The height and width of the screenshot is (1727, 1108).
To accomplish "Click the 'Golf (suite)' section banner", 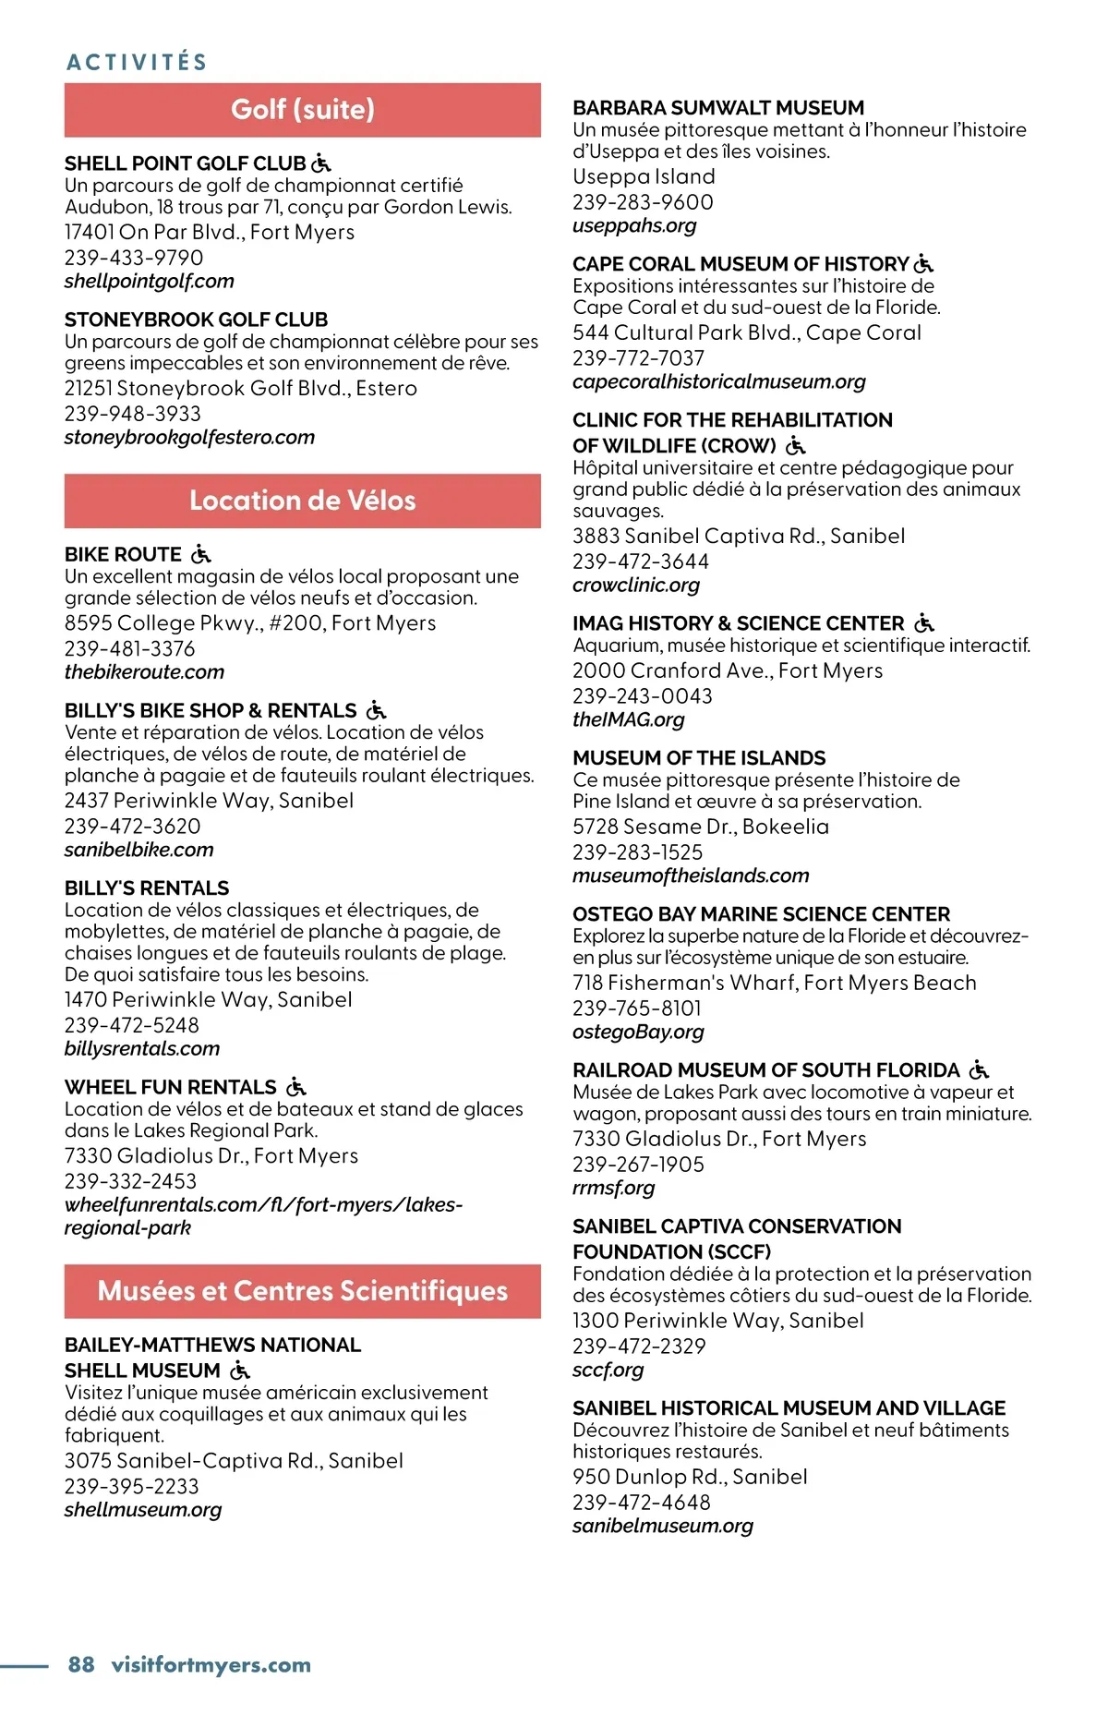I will (x=302, y=110).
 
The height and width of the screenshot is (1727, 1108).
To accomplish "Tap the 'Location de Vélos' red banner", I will (x=302, y=501).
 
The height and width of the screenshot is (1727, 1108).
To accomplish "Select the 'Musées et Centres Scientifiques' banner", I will (x=302, y=1291).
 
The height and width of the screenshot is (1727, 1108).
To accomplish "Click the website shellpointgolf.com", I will (x=149, y=282).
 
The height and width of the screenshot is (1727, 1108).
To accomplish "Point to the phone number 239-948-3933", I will (x=132, y=414).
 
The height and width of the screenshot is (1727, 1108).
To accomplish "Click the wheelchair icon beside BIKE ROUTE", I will (x=200, y=554).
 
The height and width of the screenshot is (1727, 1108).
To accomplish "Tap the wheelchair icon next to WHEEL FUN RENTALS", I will (x=295, y=1087).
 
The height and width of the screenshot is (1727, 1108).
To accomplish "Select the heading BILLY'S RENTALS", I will (x=147, y=888).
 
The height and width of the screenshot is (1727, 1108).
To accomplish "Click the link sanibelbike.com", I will (x=138, y=850).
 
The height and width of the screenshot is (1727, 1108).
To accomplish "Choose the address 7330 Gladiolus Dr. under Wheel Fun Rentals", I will (x=211, y=1156).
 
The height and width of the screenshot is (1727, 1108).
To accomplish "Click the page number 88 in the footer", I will (x=81, y=1664).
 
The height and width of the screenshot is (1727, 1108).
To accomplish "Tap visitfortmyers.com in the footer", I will (x=211, y=1664).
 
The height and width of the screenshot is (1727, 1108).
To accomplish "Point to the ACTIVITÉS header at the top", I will (x=137, y=62).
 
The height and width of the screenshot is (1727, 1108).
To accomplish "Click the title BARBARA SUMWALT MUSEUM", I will (x=717, y=108).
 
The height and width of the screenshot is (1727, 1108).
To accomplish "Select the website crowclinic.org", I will (x=635, y=586).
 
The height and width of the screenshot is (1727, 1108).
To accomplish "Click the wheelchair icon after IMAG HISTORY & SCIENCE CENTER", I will (x=924, y=623).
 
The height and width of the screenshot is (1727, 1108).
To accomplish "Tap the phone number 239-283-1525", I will (x=637, y=852).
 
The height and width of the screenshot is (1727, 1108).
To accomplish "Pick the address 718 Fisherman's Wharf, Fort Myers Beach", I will (x=774, y=984).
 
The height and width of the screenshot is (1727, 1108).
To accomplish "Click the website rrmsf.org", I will (x=613, y=1189).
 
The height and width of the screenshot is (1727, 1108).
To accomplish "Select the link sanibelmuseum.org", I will (x=662, y=1527).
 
